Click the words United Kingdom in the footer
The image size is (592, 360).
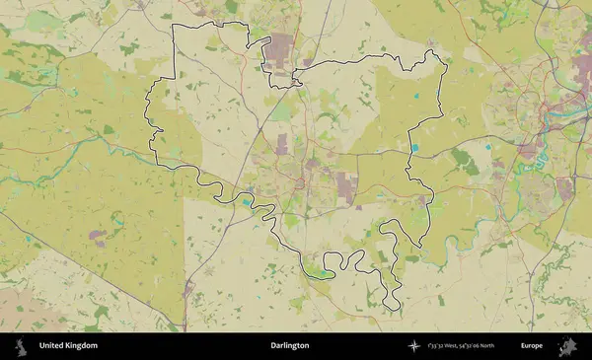coord(68,346)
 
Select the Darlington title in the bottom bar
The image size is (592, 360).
coord(289,346)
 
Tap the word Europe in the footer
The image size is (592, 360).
coord(532,346)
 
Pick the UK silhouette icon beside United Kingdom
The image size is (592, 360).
coord(21,346)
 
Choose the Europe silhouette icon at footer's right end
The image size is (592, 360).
coord(568,346)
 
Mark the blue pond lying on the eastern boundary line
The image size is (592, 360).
coord(414,148)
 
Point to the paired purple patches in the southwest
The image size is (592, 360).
coord(99,237)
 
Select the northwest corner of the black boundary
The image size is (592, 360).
coord(175,24)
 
